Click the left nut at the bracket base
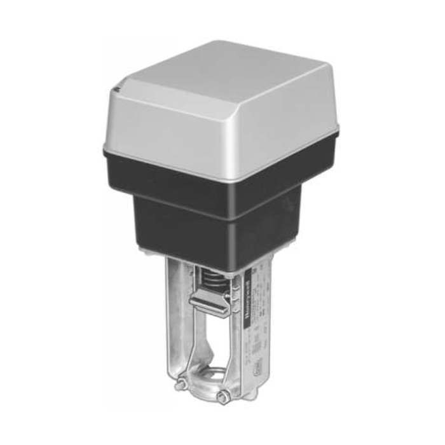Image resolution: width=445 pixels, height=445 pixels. [x=181, y=384]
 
